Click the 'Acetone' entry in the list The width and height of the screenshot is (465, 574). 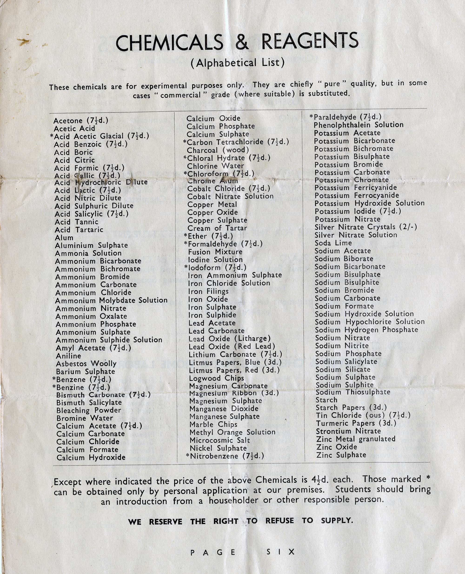coord(68,121)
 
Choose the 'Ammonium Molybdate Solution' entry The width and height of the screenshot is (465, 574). coord(111,300)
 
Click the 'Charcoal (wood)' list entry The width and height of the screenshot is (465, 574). coord(218,150)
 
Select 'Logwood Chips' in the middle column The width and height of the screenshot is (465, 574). coord(216,378)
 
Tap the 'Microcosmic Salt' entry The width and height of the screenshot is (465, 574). coord(220,440)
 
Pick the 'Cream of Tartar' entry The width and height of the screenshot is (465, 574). coord(217,228)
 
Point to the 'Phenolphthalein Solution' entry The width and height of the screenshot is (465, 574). coord(358,125)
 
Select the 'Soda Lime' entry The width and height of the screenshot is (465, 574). coord(333,243)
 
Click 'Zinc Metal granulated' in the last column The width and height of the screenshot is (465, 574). coord(356,439)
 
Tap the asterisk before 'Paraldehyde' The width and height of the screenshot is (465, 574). coord(311,116)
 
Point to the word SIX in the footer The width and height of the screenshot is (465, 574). coord(280,552)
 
